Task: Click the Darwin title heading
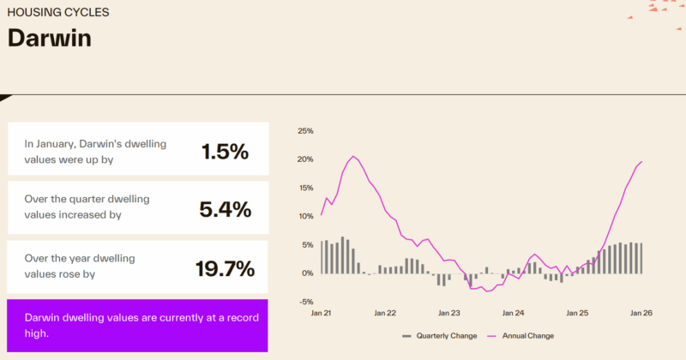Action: pos(49,39)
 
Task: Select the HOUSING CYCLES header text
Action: pos(57,14)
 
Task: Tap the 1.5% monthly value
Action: pos(225,152)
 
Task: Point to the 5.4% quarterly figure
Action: pos(226,209)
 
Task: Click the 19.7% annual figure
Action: pos(225,268)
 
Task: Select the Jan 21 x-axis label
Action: pos(322,314)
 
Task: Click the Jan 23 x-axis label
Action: pos(448,314)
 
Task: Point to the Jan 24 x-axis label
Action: pos(513,314)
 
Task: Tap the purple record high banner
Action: pos(137,325)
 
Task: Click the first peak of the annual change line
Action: pos(352,156)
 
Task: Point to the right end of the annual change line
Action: pos(642,161)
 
